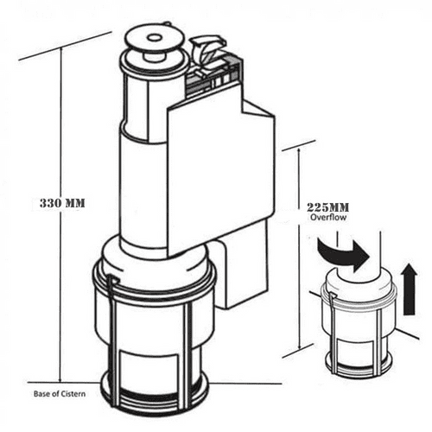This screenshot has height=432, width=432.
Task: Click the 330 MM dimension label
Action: click(x=66, y=203)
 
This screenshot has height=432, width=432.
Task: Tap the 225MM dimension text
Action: click(x=327, y=207)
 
